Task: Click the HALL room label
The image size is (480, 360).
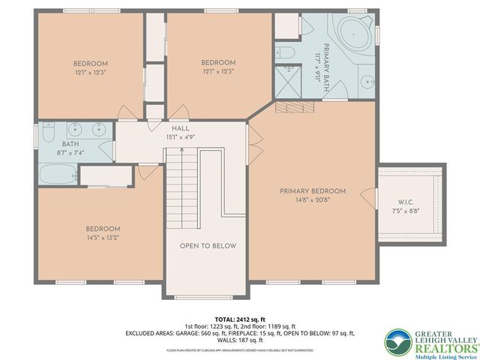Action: click(180, 129)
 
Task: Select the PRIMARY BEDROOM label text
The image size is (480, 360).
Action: click(313, 191)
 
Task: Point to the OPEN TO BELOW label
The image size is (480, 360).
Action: click(208, 246)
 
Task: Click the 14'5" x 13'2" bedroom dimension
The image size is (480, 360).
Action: click(102, 238)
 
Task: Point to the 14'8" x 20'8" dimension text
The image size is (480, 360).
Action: click(313, 199)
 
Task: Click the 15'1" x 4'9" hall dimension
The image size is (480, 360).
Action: click(180, 137)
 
